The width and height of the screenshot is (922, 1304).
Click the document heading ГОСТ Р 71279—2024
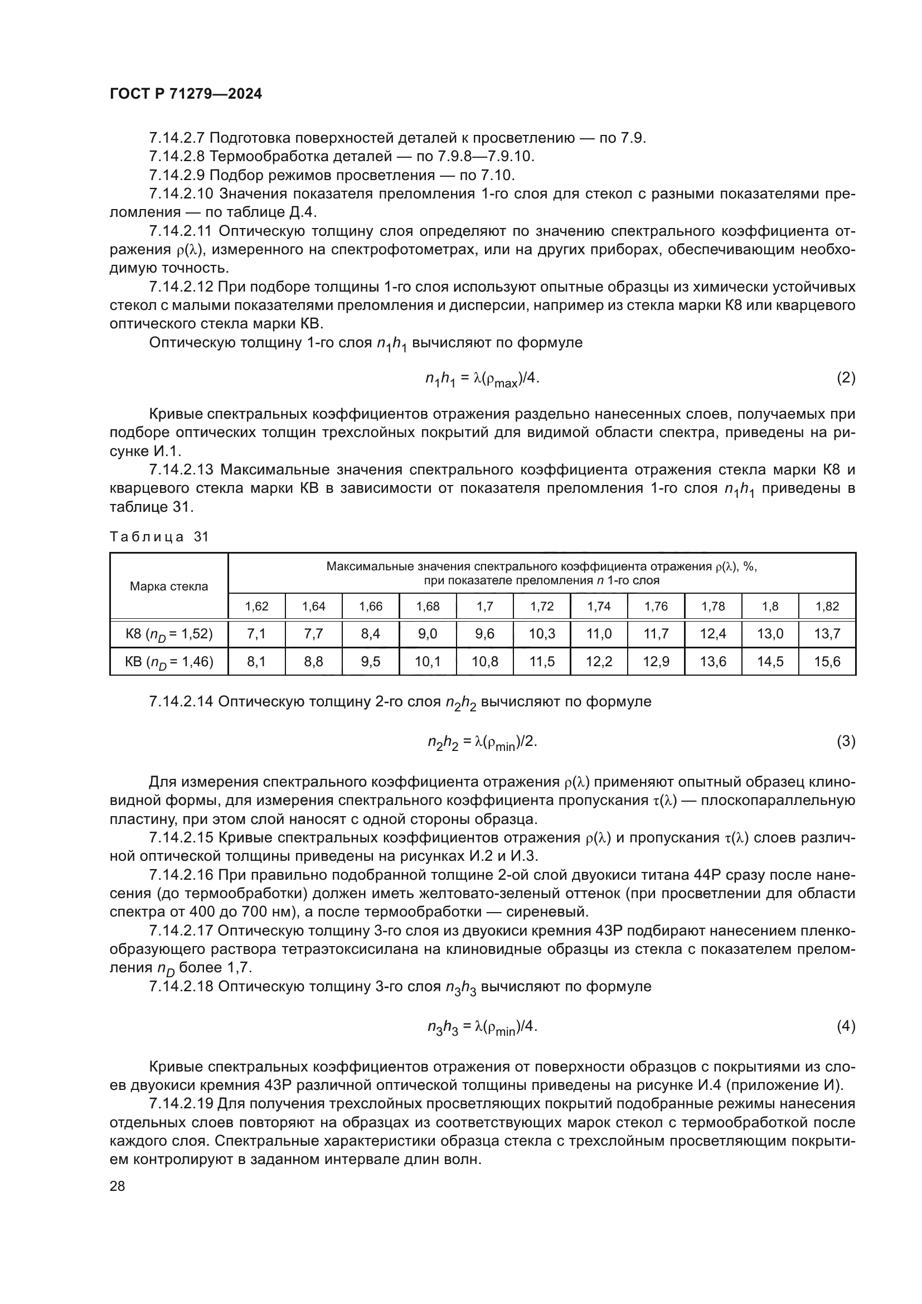point(186,94)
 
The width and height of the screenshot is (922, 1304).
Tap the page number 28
point(117,1186)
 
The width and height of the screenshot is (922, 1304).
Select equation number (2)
point(846,378)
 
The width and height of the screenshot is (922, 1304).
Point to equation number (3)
point(846,741)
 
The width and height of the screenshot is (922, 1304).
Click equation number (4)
point(846,1026)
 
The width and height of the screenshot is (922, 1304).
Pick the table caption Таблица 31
point(159,537)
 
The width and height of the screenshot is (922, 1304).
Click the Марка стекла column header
point(168,586)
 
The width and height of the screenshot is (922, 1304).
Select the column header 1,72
point(542,607)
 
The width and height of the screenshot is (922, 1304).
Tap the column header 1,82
point(827,607)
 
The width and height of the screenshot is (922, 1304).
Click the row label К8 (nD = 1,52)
point(168,634)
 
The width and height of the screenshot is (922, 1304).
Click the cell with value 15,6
point(827,662)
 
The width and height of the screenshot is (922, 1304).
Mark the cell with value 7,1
point(256,634)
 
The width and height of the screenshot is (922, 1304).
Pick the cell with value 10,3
point(542,634)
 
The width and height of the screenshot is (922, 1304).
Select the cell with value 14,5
point(770,662)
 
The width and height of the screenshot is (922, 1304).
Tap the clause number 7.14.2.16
point(181,875)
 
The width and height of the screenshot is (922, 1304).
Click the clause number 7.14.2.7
point(177,138)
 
